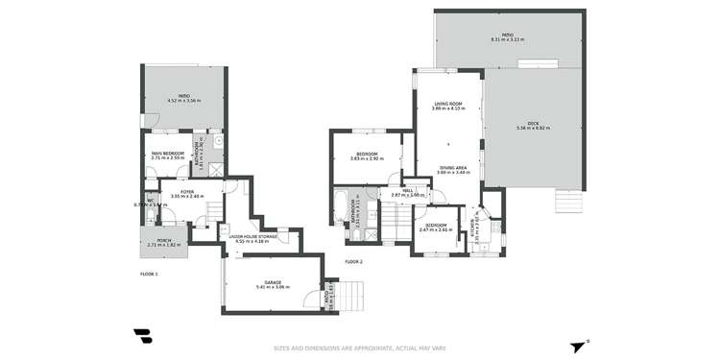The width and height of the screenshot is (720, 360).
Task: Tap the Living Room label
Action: [448, 106]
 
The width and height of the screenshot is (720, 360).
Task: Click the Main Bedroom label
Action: [167, 156]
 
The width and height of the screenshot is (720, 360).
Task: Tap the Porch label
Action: [160, 243]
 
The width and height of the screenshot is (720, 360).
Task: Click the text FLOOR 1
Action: [149, 274]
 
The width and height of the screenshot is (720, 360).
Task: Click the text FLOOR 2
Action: [353, 261]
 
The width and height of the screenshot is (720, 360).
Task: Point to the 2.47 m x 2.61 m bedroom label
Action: [435, 228]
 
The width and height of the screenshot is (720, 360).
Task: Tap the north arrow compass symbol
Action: [577, 347]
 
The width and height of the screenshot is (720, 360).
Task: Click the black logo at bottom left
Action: [143, 336]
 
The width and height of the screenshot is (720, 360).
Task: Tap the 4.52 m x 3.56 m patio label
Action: [184, 99]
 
